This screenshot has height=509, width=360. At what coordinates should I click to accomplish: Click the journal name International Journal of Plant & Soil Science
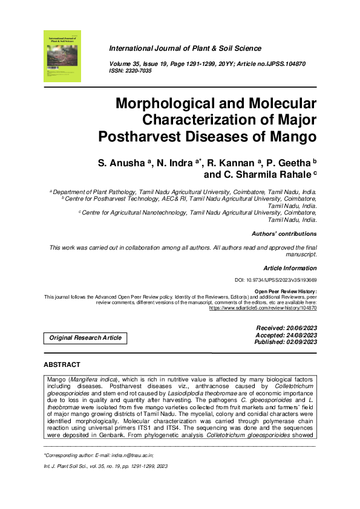pyautogui.click(x=185, y=48)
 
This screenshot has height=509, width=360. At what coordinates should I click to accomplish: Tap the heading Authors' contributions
pyautogui.click(x=283, y=233)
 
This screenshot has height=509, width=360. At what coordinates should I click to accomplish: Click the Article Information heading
pyautogui.click(x=290, y=268)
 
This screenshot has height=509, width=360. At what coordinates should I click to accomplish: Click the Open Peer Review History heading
pyautogui.click(x=284, y=291)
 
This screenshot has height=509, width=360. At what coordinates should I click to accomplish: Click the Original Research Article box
pyautogui.click(x=85, y=338)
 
